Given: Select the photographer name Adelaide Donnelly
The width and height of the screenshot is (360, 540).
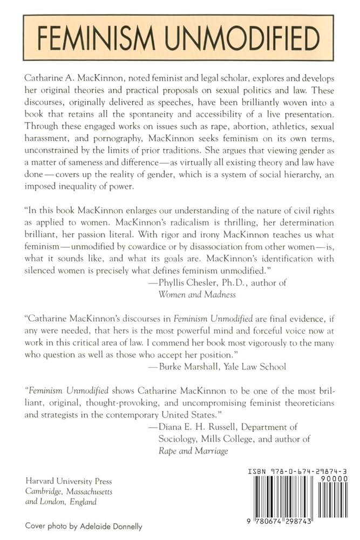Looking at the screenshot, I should [x=119, y=525].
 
